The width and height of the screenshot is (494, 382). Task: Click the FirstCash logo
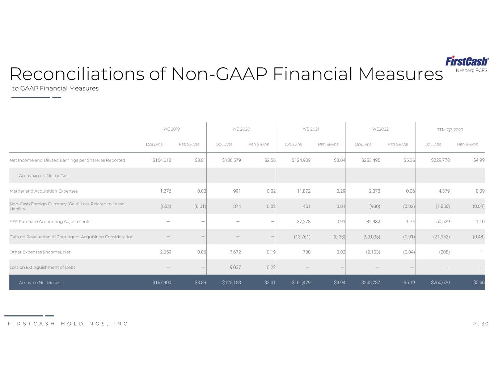(x=467, y=61)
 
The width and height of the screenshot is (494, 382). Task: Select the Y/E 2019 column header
(x=172, y=129)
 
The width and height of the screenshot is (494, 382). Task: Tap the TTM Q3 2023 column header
(x=450, y=130)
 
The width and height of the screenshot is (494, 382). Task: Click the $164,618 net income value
(x=162, y=160)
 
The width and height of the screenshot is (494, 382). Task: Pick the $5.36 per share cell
(x=409, y=160)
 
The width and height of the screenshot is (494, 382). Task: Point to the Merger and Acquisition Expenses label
(x=43, y=191)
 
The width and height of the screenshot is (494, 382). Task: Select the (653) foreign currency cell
(x=166, y=206)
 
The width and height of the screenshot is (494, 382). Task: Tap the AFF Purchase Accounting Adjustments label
(x=50, y=222)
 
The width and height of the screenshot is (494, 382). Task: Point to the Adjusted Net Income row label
(x=40, y=282)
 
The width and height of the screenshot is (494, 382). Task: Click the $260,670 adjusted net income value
(x=440, y=282)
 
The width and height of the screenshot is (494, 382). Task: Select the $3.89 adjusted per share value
(x=200, y=282)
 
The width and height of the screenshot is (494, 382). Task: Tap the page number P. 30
(x=481, y=324)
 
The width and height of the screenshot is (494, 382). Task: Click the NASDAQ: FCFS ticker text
(x=471, y=70)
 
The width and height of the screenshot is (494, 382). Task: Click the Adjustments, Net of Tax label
(x=43, y=176)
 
